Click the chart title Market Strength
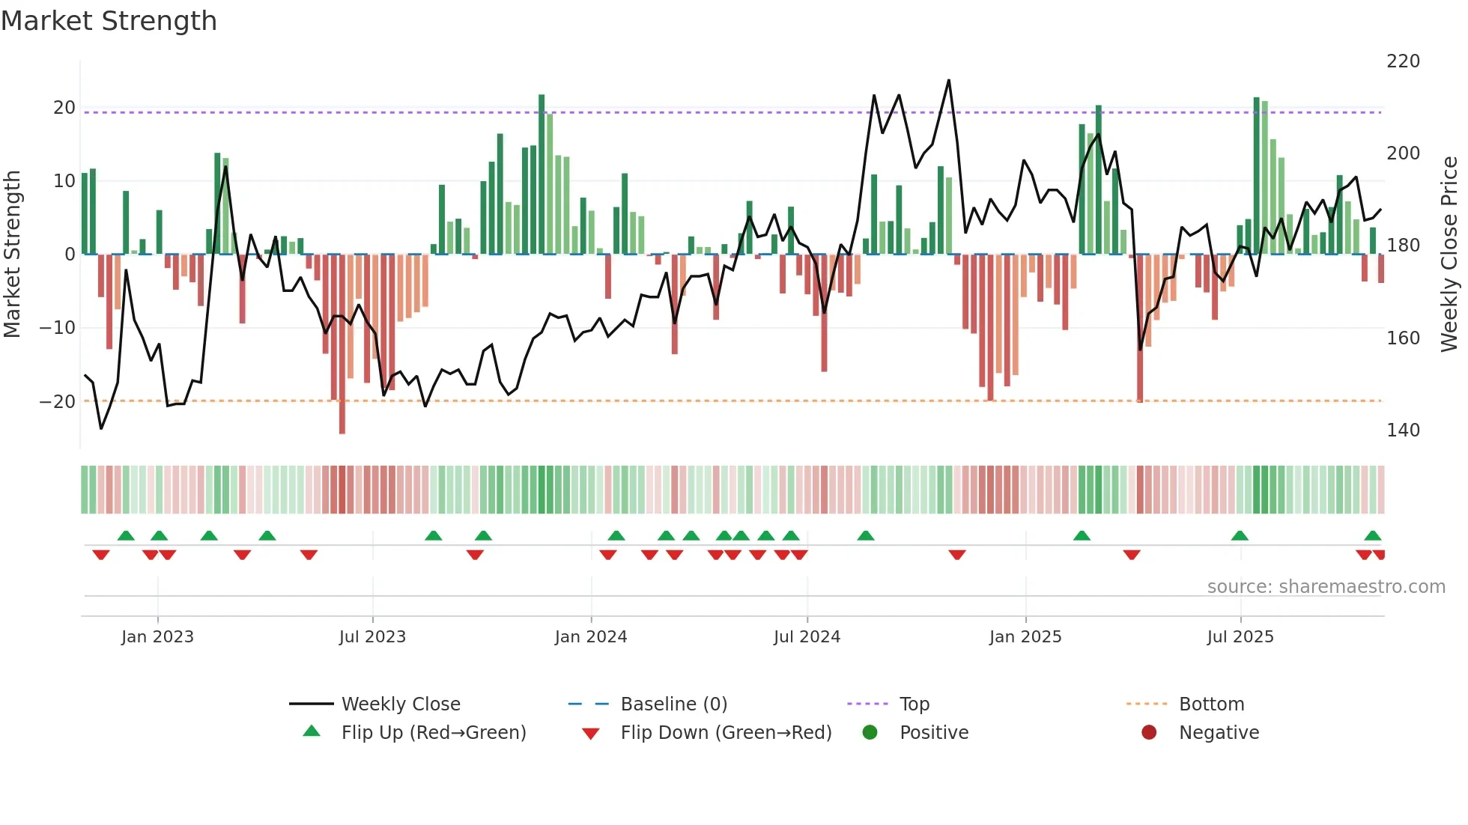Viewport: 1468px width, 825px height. pos(109,21)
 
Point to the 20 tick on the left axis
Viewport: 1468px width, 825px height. pos(64,108)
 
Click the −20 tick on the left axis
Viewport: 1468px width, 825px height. pos(58,402)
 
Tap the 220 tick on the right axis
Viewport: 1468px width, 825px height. pos(1403,61)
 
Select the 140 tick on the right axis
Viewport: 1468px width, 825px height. pos(1403,430)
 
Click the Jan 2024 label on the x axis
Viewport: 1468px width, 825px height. pos(591,637)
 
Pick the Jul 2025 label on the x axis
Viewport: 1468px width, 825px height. pos(1240,637)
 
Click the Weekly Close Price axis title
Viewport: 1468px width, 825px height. pos(1449,255)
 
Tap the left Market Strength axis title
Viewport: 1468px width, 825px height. pos(12,255)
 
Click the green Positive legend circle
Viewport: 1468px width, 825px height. pos(870,732)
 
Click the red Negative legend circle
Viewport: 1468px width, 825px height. pos(1149,732)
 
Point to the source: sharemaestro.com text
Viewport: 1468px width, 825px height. pos(1326,587)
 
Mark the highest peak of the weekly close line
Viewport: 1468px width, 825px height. pos(949,80)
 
